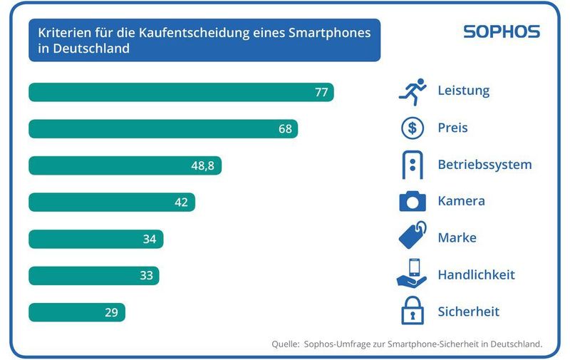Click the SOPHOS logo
click(x=502, y=32)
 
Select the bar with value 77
click(x=181, y=93)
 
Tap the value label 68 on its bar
click(x=285, y=129)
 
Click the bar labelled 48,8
click(x=125, y=166)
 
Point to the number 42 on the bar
click(x=181, y=202)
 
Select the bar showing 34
click(x=95, y=239)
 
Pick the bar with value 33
click(x=93, y=276)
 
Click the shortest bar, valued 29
click(x=76, y=312)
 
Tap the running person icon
click(x=413, y=91)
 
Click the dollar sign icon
click(x=413, y=128)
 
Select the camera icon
click(x=413, y=202)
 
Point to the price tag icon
click(x=413, y=237)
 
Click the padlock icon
click(x=413, y=312)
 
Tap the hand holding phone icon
click(x=412, y=274)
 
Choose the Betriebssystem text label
click(x=484, y=165)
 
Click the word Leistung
click(x=463, y=91)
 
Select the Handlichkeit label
click(x=476, y=274)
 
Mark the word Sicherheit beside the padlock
click(x=468, y=312)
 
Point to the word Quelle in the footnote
click(x=286, y=344)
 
